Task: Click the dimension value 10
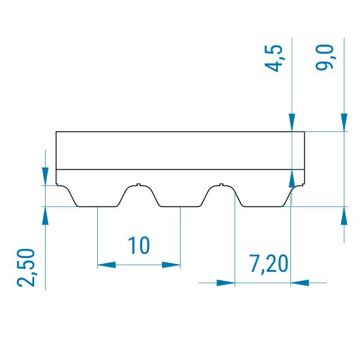pyautogui.click(x=139, y=245)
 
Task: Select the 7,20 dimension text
pyautogui.click(x=269, y=264)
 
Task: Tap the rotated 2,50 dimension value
pyautogui.click(x=26, y=268)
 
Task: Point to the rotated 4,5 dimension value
pyautogui.click(x=274, y=58)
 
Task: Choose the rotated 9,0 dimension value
pyautogui.click(x=324, y=57)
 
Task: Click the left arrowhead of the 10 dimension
pyautogui.click(x=107, y=265)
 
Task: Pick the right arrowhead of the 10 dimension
pyautogui.click(x=171, y=265)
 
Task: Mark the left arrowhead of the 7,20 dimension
pyautogui.click(x=226, y=283)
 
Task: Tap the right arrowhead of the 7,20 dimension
pyautogui.click(x=300, y=283)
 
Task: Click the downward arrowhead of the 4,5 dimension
pyautogui.click(x=292, y=122)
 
